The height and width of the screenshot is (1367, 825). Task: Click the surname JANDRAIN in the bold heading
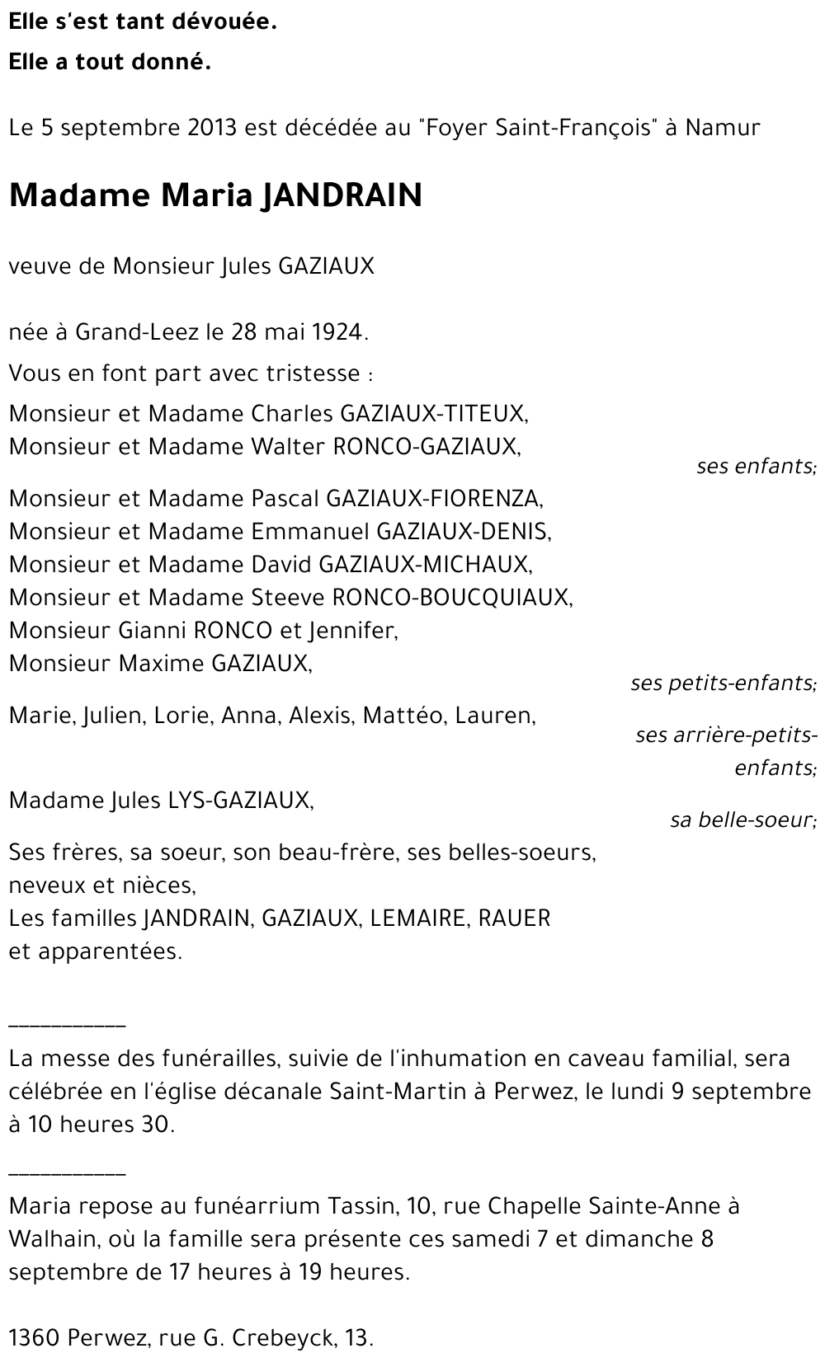click(x=341, y=195)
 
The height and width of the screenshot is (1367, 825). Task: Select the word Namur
click(x=723, y=128)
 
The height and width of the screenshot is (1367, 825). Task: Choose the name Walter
click(x=288, y=446)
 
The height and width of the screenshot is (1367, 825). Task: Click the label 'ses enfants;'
click(x=756, y=467)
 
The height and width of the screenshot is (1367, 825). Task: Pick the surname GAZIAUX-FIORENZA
click(x=435, y=498)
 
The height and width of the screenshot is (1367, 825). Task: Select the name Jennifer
click(x=353, y=631)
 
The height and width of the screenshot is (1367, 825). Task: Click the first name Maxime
click(x=158, y=664)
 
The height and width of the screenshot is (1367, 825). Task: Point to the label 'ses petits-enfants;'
click(x=724, y=683)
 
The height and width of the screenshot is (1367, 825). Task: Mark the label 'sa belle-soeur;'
click(x=742, y=820)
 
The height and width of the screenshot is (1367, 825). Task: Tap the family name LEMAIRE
click(x=419, y=918)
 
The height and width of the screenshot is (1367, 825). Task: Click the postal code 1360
click(x=34, y=1338)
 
